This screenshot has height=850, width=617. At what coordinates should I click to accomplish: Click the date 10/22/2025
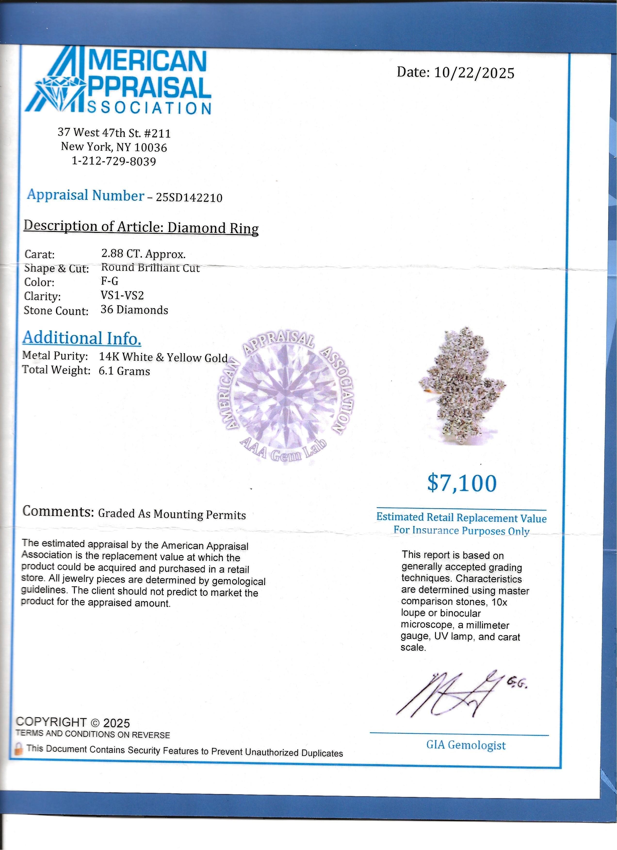pos(474,73)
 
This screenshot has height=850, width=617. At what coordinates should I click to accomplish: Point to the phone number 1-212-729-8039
pos(114,161)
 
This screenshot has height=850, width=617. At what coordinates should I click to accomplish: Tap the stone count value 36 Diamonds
pos(134,310)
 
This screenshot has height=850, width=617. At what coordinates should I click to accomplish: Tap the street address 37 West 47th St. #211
pos(114,133)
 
